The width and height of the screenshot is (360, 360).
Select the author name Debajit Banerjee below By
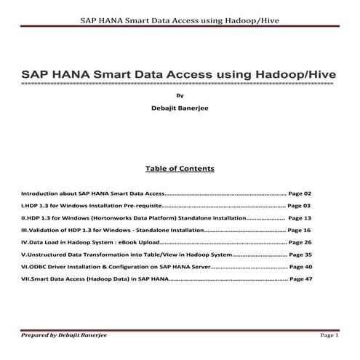(180, 108)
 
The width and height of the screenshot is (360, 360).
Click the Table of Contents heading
(180, 169)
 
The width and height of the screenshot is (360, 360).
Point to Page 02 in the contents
(300, 194)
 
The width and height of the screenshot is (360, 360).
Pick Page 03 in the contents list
(299, 206)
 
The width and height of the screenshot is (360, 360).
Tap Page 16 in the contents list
(300, 229)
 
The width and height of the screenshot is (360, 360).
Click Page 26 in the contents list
(300, 241)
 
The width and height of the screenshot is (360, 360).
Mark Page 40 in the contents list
(300, 266)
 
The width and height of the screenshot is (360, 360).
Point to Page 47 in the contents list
(300, 279)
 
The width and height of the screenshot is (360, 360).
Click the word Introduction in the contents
(41, 194)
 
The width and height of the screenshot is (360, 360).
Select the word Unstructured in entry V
(48, 255)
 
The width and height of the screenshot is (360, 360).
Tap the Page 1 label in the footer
(329, 335)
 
